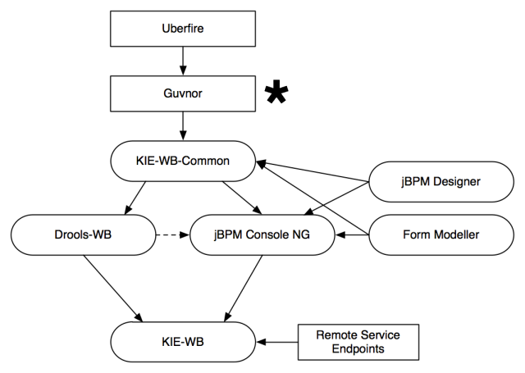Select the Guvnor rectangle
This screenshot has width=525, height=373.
click(x=183, y=94)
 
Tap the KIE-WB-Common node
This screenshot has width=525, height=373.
click(x=183, y=161)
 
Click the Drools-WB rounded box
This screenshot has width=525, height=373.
click(x=83, y=234)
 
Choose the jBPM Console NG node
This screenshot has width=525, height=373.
click(x=262, y=234)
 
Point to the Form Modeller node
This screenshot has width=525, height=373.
click(x=441, y=234)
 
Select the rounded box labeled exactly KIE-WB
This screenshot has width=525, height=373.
click(x=183, y=342)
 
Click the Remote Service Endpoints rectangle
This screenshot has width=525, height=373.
click(x=358, y=342)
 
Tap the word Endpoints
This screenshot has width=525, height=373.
click(x=358, y=348)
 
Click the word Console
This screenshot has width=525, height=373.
click(x=263, y=234)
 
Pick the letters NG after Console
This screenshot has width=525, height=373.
click(x=301, y=234)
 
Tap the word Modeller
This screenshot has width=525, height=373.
click(x=455, y=234)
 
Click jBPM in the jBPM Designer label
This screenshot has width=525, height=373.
click(x=415, y=181)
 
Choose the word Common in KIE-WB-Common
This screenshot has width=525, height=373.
click(x=205, y=161)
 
